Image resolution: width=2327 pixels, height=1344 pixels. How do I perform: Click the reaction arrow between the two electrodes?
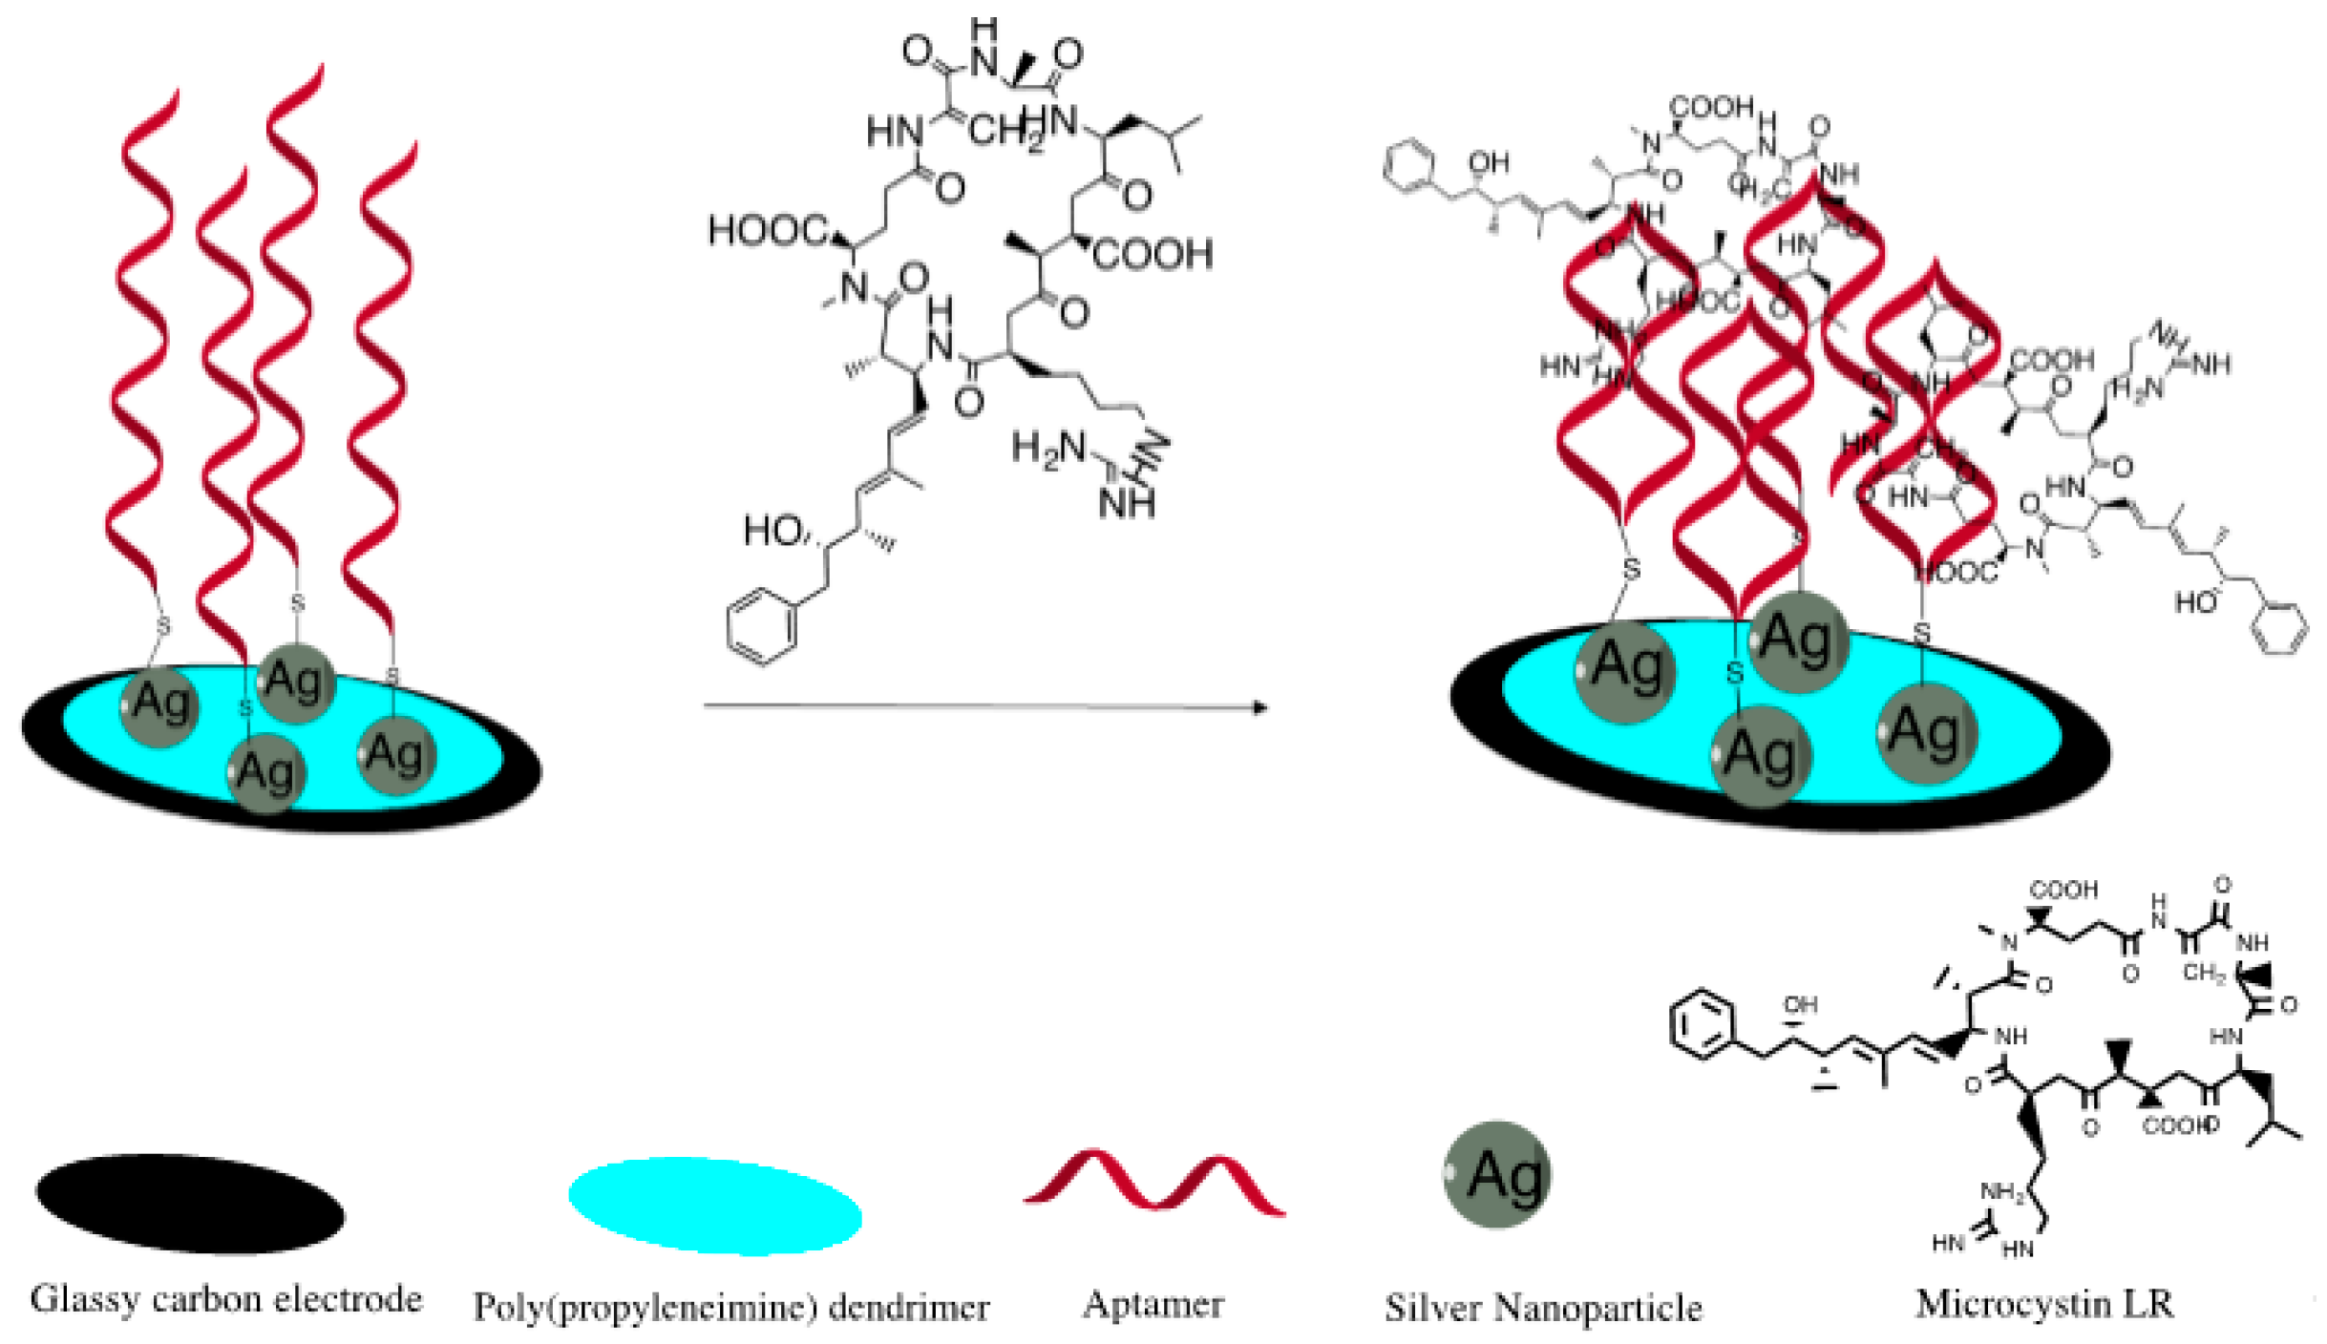point(984,706)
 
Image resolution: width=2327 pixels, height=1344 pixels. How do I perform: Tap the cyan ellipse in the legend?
point(715,1206)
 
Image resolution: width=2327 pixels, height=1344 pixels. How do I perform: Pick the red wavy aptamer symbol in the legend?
point(1154,1184)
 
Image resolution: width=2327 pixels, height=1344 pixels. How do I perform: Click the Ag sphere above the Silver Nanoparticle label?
point(1497,1174)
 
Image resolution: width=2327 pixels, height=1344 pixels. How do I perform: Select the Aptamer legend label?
point(1153,1304)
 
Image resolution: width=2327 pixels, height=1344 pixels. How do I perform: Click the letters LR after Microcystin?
point(2148,1304)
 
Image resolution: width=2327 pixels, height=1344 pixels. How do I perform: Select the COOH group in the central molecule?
point(1153,255)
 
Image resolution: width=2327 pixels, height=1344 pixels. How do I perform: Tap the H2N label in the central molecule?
point(1048,449)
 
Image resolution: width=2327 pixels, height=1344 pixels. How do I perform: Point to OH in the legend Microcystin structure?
point(1800,1004)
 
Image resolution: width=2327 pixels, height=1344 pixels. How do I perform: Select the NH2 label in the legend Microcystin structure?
point(2001,1192)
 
